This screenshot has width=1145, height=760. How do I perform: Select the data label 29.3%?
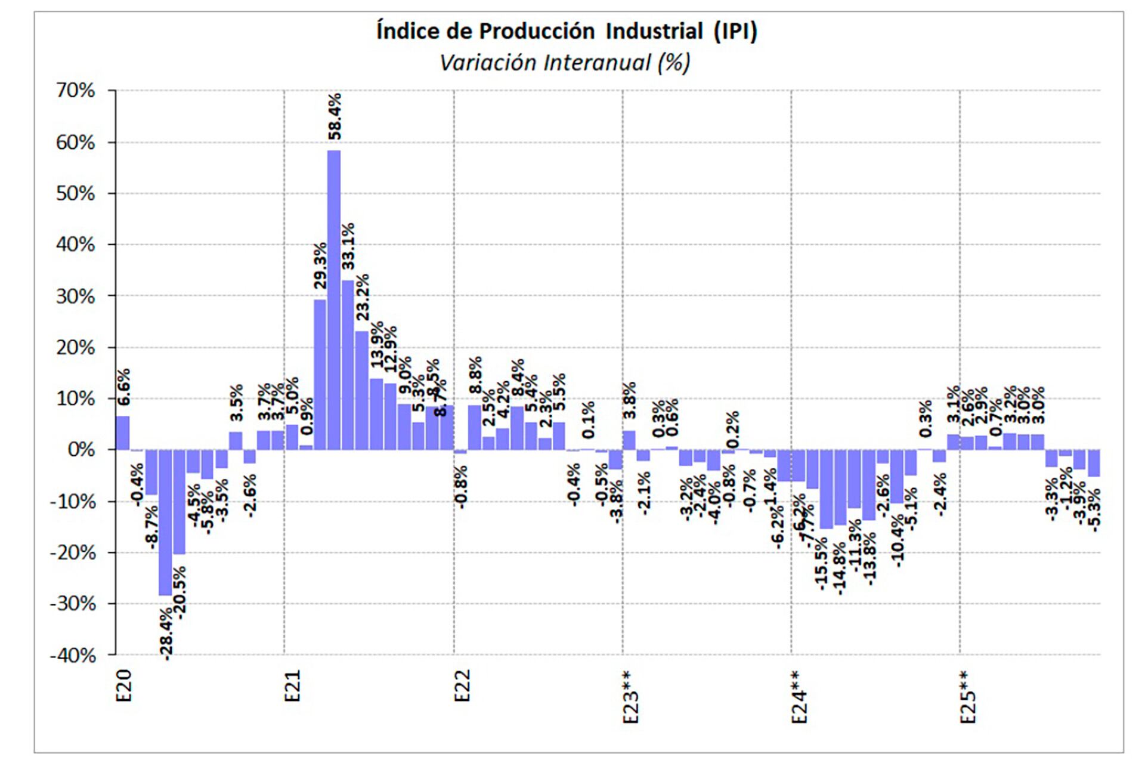click(321, 265)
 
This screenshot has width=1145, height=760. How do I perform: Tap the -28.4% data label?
click(166, 634)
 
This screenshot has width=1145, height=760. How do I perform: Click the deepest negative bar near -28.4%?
click(165, 522)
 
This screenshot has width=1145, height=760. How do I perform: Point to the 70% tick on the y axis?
click(76, 91)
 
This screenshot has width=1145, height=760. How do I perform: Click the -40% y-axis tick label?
click(73, 656)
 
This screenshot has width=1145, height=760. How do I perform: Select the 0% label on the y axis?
click(81, 450)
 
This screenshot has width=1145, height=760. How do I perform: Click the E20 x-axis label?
click(123, 686)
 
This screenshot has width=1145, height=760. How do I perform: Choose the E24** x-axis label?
click(799, 697)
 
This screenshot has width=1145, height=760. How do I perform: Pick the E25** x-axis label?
click(968, 697)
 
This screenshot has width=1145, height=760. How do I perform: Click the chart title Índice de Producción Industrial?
click(567, 31)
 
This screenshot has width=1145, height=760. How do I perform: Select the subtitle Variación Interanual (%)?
click(565, 63)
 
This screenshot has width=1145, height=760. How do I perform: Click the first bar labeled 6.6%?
click(123, 432)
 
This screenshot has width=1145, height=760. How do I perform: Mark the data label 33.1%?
click(348, 246)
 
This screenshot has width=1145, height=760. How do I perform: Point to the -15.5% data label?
click(821, 564)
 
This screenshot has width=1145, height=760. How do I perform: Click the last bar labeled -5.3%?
click(1094, 463)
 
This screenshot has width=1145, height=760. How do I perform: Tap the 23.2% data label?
click(363, 297)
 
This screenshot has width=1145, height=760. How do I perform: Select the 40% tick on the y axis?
click(76, 245)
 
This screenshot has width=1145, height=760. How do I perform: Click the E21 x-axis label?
click(292, 686)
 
